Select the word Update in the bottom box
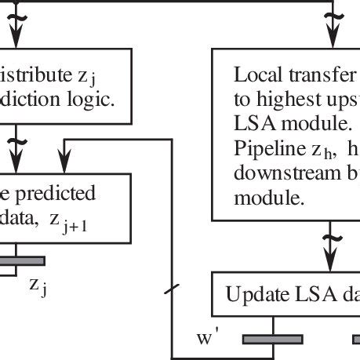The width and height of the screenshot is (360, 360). click(x=249, y=296)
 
